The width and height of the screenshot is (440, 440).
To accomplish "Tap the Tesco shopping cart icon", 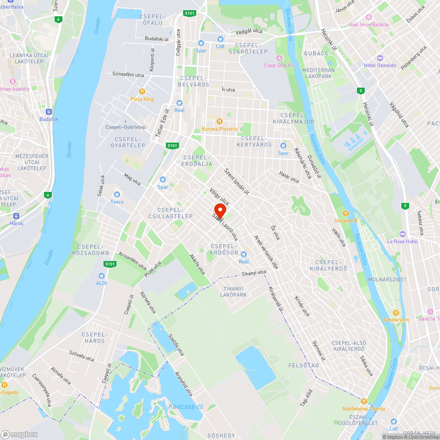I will tap(117, 194).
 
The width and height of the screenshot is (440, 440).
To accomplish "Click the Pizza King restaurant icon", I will tap(142, 92).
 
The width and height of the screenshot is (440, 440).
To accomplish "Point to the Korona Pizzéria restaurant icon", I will tap(219, 121).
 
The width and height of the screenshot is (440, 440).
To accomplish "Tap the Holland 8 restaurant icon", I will tap(346, 213).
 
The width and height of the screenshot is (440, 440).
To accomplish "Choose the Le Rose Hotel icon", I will tap(402, 234).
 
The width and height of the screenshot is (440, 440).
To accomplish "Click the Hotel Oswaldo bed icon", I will tap(380, 58).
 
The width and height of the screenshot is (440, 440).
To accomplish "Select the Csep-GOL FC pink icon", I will tap(279, 58).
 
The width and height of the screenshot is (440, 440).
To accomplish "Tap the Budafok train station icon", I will tap(48, 112).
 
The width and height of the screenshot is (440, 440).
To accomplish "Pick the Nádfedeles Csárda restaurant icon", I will tap(363, 401).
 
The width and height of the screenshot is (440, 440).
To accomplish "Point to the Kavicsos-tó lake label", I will tap(185, 406).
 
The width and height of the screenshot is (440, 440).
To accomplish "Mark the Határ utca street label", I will tap(289, 177).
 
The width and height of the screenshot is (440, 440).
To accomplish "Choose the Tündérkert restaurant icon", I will tap(396, 312).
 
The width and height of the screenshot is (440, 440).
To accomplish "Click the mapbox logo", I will tap(20, 434).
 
